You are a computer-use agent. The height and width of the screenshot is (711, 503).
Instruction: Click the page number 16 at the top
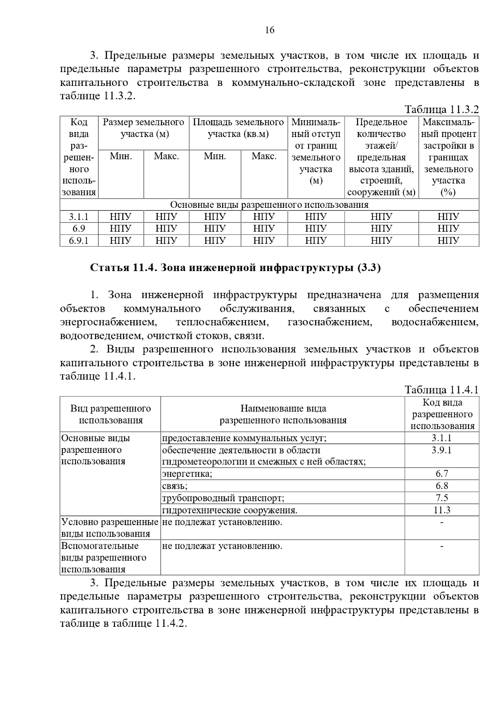tap(270, 30)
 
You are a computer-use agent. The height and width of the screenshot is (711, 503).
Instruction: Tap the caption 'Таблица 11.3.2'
tap(441, 110)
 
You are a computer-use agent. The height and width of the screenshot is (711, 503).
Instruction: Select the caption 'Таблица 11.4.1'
tap(441, 390)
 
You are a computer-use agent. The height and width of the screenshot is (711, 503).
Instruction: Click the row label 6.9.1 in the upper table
tap(79, 240)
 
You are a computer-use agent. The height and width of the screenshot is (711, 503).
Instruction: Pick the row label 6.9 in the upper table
tap(79, 229)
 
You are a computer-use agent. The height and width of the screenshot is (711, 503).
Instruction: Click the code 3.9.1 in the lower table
tap(442, 450)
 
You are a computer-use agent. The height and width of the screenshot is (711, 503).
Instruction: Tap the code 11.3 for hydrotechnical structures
tap(442, 510)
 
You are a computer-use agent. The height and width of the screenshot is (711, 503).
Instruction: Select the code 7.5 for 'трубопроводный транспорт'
tap(442, 498)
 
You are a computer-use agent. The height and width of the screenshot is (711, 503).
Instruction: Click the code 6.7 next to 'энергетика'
tap(442, 474)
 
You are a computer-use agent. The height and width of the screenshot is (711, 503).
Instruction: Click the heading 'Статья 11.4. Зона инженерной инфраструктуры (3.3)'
tap(236, 268)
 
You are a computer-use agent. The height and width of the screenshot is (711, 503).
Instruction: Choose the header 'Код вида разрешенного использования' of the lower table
tap(442, 414)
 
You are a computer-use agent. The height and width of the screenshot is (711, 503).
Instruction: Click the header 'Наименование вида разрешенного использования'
tap(283, 414)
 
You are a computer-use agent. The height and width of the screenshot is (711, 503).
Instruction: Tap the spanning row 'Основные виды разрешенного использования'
tap(269, 205)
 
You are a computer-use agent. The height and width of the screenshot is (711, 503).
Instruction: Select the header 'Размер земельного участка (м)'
tap(144, 128)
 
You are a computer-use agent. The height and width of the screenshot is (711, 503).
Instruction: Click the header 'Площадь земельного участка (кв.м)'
tap(238, 128)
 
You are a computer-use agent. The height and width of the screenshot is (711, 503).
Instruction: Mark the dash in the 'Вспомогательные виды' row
tap(442, 546)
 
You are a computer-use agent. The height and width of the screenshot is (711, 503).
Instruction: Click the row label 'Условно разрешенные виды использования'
tap(110, 528)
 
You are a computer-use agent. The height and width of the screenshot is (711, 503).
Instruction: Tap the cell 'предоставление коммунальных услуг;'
tap(244, 439)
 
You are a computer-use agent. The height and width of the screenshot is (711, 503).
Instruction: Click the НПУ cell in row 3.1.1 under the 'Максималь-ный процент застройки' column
tap(448, 217)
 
